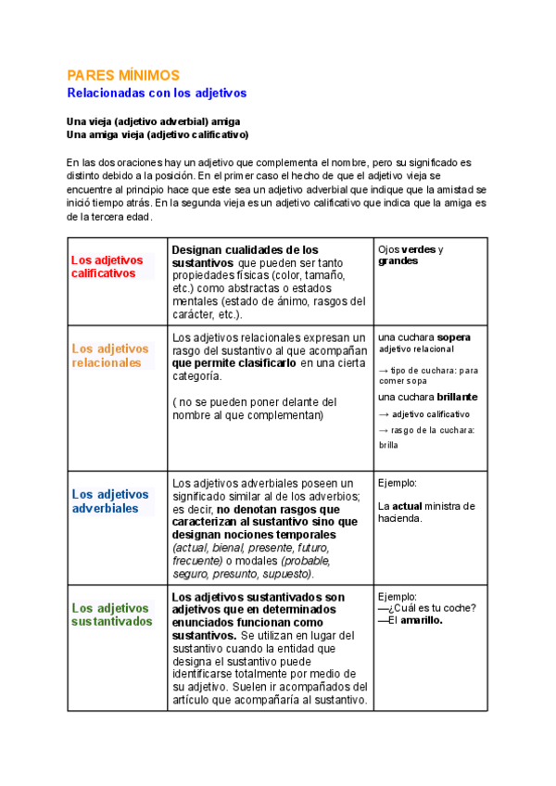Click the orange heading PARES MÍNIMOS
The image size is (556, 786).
(x=123, y=75)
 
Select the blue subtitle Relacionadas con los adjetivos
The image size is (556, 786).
(x=157, y=94)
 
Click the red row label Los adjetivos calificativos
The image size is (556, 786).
(x=108, y=266)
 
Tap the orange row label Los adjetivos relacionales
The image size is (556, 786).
(x=109, y=356)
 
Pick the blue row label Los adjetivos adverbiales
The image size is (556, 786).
(x=109, y=501)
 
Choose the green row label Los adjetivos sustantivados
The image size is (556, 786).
(x=111, y=614)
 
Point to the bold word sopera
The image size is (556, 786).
(x=453, y=337)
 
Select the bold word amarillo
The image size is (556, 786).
(x=419, y=621)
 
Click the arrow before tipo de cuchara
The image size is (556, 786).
(x=384, y=371)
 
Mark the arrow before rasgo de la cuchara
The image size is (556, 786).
(x=384, y=430)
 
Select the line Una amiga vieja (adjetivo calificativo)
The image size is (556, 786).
(x=158, y=134)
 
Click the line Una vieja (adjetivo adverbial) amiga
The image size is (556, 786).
(x=154, y=121)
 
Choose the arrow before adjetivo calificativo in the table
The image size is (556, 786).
(x=384, y=414)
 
